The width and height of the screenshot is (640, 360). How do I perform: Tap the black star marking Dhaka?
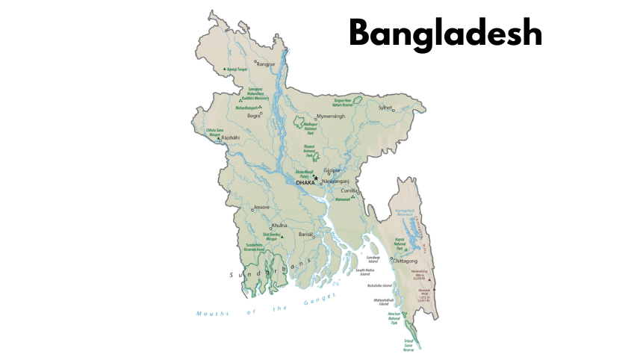pyautogui.click(x=316, y=178)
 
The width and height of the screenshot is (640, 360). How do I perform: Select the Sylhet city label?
pyautogui.click(x=385, y=108)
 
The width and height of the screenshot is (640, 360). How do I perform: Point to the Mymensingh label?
pyautogui.click(x=332, y=117)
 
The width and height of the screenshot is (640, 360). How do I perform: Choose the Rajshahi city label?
pyautogui.click(x=231, y=137)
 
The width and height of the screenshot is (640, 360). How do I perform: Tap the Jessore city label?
pyautogui.click(x=261, y=207)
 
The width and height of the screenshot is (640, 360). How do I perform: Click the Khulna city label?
pyautogui.click(x=279, y=225)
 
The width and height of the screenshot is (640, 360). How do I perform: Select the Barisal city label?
pyautogui.click(x=305, y=235)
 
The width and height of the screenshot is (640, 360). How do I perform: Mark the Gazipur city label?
pyautogui.click(x=332, y=170)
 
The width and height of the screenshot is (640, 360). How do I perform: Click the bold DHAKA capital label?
pyautogui.click(x=305, y=182)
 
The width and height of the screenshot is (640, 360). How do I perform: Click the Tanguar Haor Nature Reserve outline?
pyautogui.click(x=357, y=100)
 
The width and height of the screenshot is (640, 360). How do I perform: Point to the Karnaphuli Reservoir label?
pyautogui.click(x=408, y=213)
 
